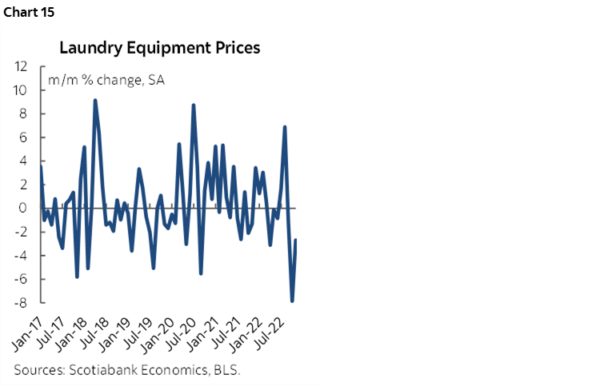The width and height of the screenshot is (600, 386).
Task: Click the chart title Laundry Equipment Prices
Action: [x=160, y=48]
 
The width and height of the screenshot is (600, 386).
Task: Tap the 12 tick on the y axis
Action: [x=22, y=67]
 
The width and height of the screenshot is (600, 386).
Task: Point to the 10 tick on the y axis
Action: [x=22, y=90]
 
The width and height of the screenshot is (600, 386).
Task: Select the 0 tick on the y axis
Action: [x=24, y=208]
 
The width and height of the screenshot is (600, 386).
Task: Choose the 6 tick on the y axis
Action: [x=24, y=137]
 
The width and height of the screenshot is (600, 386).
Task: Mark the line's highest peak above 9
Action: [x=95, y=100]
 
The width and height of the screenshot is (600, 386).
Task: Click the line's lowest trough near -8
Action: [x=292, y=301]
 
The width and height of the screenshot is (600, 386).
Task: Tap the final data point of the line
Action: [x=296, y=240]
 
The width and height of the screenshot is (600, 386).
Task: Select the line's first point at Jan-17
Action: [x=41, y=167]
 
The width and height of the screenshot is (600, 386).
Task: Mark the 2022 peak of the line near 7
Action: [x=285, y=127]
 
